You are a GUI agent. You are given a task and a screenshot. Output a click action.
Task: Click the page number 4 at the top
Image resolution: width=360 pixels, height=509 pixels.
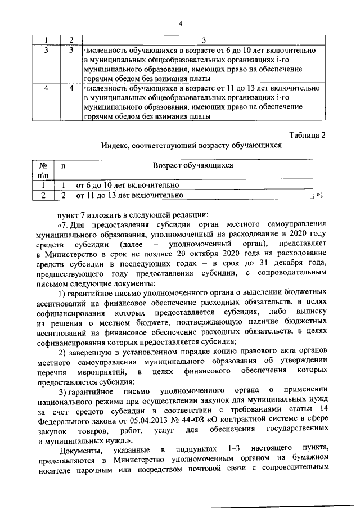pyautogui.click(x=180, y=24)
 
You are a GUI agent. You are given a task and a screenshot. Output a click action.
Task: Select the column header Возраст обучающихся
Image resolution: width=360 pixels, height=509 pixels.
pyautogui.click(x=193, y=166)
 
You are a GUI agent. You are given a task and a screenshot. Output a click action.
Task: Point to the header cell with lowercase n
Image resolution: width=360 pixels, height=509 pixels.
pyautogui.click(x=63, y=166)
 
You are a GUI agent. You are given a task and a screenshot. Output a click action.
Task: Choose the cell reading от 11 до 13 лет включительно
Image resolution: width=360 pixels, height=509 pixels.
pyautogui.click(x=130, y=195)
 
